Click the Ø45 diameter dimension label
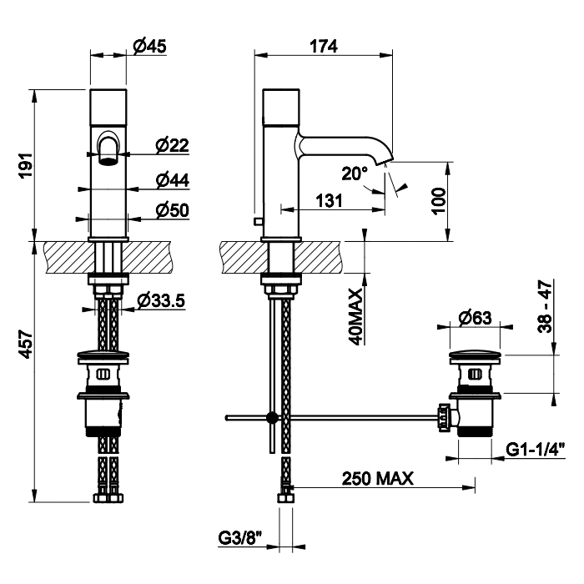[149, 47]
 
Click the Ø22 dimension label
[172, 145]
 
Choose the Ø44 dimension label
[172, 180]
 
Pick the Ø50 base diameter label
[172, 210]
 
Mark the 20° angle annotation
[355, 174]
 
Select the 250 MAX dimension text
[378, 478]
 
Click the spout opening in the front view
[108, 156]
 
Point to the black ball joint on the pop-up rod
[270, 417]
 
